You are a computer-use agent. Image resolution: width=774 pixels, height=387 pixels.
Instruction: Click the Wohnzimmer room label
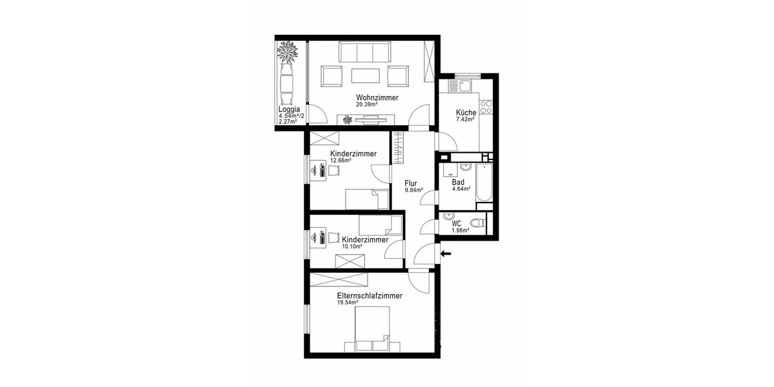377,97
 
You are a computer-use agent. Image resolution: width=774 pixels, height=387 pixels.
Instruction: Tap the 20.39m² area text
366,104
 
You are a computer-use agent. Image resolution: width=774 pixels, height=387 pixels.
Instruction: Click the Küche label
466,112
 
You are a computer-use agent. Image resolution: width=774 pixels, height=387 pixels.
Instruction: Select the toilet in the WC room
477,223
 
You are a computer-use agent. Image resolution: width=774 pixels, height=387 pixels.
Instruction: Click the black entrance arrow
446,253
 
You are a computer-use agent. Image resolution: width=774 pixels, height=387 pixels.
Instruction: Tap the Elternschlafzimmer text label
370,295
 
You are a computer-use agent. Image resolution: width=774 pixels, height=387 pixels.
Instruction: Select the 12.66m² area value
341,161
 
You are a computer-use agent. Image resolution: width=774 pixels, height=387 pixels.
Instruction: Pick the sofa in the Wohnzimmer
365,52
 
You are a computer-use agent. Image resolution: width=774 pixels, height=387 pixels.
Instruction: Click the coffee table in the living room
365,76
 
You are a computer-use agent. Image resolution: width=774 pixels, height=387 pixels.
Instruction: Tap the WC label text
457,223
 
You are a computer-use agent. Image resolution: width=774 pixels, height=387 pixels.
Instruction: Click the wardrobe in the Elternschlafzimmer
339,279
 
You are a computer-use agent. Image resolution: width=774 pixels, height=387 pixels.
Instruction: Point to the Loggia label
289,110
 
